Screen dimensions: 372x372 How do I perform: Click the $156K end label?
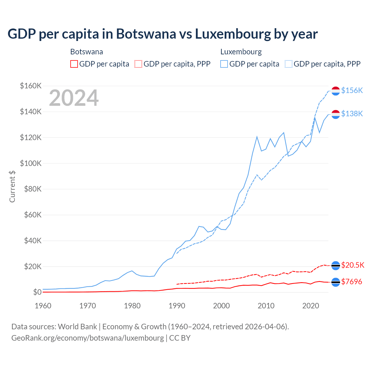click(x=352, y=91)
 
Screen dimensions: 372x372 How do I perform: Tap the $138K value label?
click(x=352, y=114)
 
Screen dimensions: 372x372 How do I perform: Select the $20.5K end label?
click(x=353, y=265)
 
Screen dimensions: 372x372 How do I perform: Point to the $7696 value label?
click(x=352, y=282)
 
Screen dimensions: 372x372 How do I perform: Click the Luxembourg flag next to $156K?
click(x=336, y=91)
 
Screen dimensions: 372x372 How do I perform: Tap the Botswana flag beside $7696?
click(x=336, y=282)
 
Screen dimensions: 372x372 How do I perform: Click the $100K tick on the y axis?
click(x=31, y=163)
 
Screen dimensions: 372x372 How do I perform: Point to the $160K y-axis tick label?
click(x=31, y=86)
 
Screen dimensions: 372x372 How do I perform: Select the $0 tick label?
click(x=37, y=292)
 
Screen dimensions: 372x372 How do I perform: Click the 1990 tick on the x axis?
click(x=177, y=306)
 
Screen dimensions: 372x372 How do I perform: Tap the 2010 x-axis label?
click(x=266, y=306)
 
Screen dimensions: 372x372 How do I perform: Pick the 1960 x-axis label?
click(x=43, y=306)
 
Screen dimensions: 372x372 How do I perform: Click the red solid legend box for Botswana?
click(x=74, y=64)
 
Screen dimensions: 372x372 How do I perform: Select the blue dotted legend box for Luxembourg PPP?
click(x=289, y=64)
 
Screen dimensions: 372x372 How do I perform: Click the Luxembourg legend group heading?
click(x=241, y=52)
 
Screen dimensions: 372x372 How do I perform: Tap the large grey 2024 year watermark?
click(x=74, y=98)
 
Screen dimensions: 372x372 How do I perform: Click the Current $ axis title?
click(x=12, y=187)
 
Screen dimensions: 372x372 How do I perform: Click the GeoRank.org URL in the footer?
click(x=87, y=338)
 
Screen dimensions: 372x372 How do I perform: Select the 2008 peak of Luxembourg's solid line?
click(x=257, y=137)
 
